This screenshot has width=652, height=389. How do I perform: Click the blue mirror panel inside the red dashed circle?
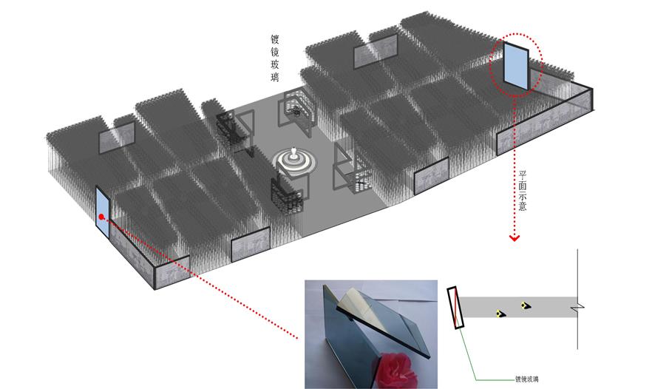[516, 65]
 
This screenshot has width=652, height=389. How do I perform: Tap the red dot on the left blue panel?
[101, 217]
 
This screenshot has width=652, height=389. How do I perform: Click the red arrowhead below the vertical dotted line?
[515, 238]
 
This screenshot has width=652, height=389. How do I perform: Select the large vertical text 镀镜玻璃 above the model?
[275, 58]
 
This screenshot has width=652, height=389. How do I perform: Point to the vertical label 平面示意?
[523, 191]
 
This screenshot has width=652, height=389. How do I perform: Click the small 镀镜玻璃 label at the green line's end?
[527, 379]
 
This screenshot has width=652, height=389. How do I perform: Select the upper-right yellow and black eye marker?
[526, 305]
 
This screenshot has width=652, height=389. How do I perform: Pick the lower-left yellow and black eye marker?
[500, 314]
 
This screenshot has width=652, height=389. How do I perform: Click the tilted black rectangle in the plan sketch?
[455, 308]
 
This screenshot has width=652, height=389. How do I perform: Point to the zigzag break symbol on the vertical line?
[577, 308]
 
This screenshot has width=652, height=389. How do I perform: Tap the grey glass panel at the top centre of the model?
[376, 51]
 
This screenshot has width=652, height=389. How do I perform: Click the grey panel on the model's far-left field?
[117, 138]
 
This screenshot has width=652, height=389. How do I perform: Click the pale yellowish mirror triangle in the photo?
[358, 305]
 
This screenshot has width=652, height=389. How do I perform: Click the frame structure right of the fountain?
[350, 167]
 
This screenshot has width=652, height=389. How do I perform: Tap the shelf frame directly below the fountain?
[289, 194]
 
